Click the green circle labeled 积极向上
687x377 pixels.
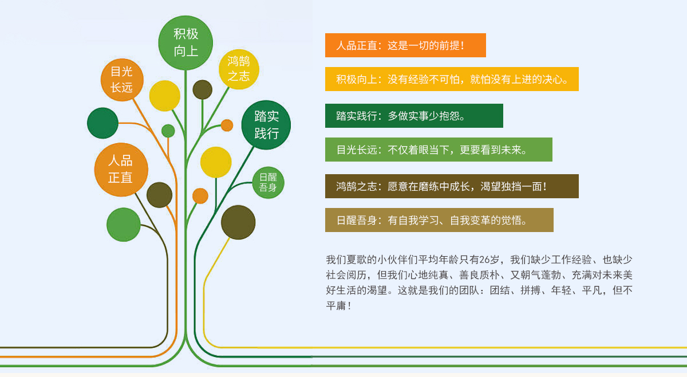(x=185, y=42)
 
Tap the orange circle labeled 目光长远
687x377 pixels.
(x=122, y=80)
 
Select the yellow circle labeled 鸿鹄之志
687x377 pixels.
(x=239, y=69)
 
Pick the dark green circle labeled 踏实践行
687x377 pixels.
(x=266, y=125)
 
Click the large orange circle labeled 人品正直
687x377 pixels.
(x=121, y=170)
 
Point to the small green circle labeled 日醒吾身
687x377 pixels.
(x=268, y=182)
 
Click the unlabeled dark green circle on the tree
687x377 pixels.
(x=102, y=123)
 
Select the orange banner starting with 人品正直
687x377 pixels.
(x=405, y=45)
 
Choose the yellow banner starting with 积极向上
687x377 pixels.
(x=452, y=79)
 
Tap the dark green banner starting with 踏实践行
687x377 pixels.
(x=414, y=116)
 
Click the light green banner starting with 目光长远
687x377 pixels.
(x=439, y=150)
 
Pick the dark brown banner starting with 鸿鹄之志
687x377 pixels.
(x=452, y=186)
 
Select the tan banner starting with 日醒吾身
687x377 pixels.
(x=439, y=220)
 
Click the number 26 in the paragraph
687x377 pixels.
(x=484, y=260)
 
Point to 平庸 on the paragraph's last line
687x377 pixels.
(x=336, y=305)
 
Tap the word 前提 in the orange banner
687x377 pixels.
(x=449, y=45)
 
